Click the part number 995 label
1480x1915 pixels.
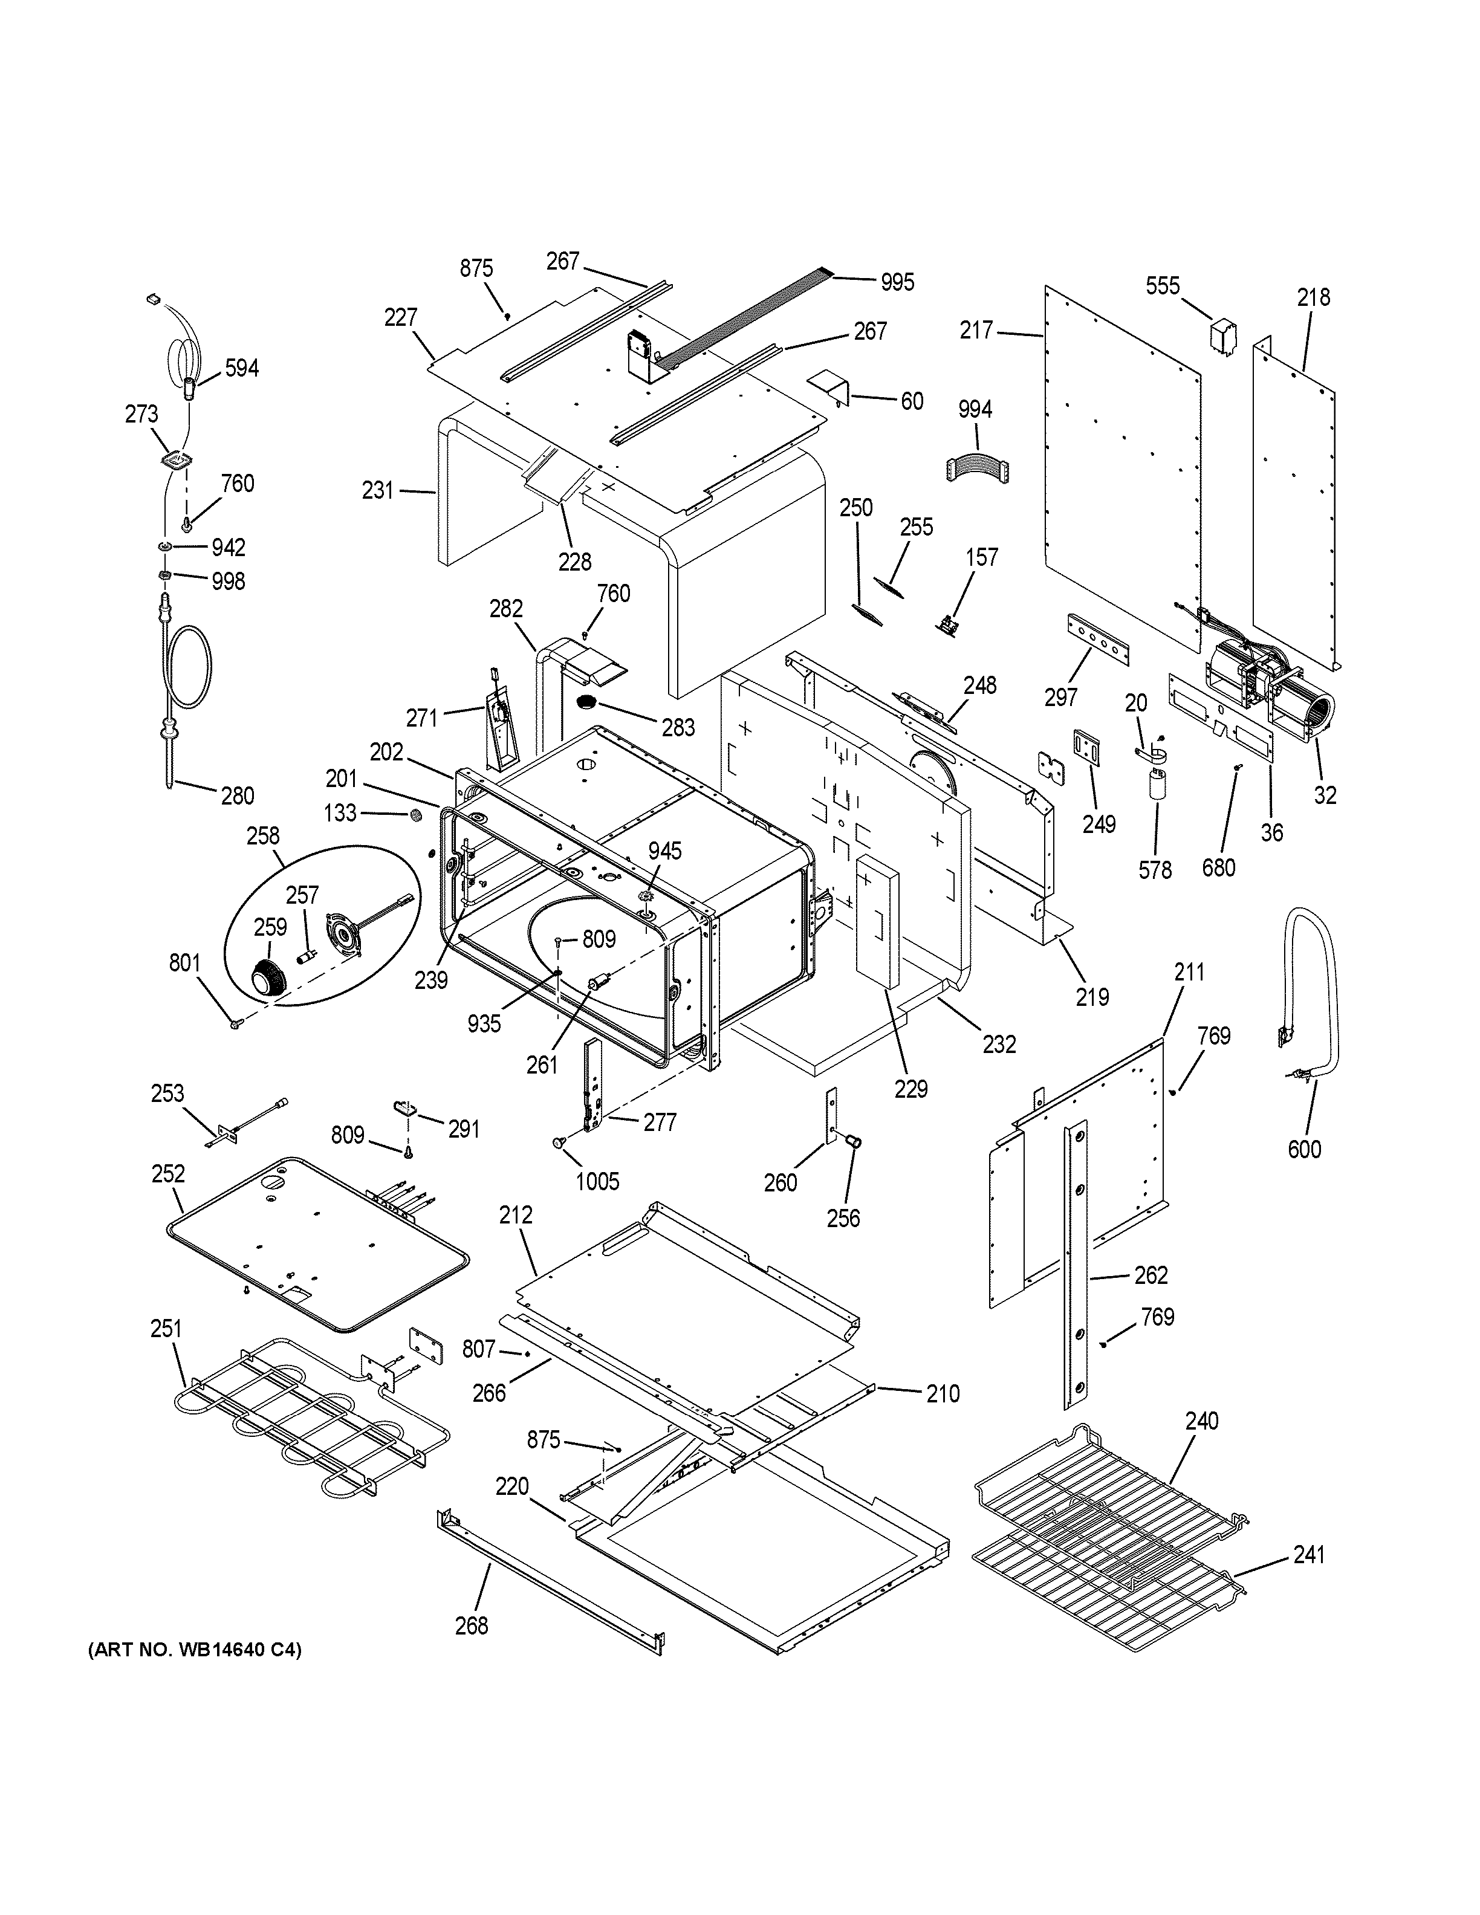pos(897,282)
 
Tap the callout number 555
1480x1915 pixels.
pos(1163,286)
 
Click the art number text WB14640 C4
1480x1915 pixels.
pos(195,1649)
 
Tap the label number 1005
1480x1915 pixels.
pos(597,1181)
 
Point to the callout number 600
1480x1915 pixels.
pos(1304,1149)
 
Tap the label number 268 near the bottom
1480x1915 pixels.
pos(472,1625)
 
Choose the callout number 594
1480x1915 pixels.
pos(241,368)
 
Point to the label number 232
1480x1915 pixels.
pos(999,1043)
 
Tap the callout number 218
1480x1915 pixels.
pos(1313,297)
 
